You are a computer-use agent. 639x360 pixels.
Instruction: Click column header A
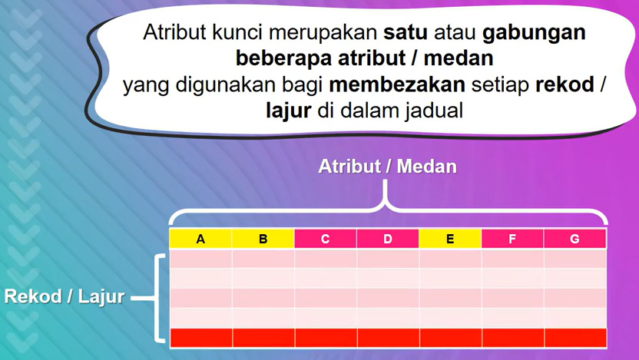pos(200,239)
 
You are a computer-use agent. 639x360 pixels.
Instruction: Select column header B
pos(263,239)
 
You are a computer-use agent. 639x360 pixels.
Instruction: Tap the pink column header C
pos(326,239)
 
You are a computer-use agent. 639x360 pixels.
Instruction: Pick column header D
pos(388,239)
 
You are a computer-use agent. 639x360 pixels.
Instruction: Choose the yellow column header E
pos(450,239)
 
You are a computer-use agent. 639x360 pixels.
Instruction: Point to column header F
pos(512,239)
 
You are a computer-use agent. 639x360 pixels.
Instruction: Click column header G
pos(575,239)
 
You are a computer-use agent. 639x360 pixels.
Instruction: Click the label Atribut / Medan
pos(388,166)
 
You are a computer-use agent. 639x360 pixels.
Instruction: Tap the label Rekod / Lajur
pos(65,296)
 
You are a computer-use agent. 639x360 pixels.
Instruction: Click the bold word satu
pos(407,33)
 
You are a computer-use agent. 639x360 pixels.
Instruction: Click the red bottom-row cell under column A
pos(200,337)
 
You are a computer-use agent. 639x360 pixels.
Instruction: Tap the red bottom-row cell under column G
pos(575,337)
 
